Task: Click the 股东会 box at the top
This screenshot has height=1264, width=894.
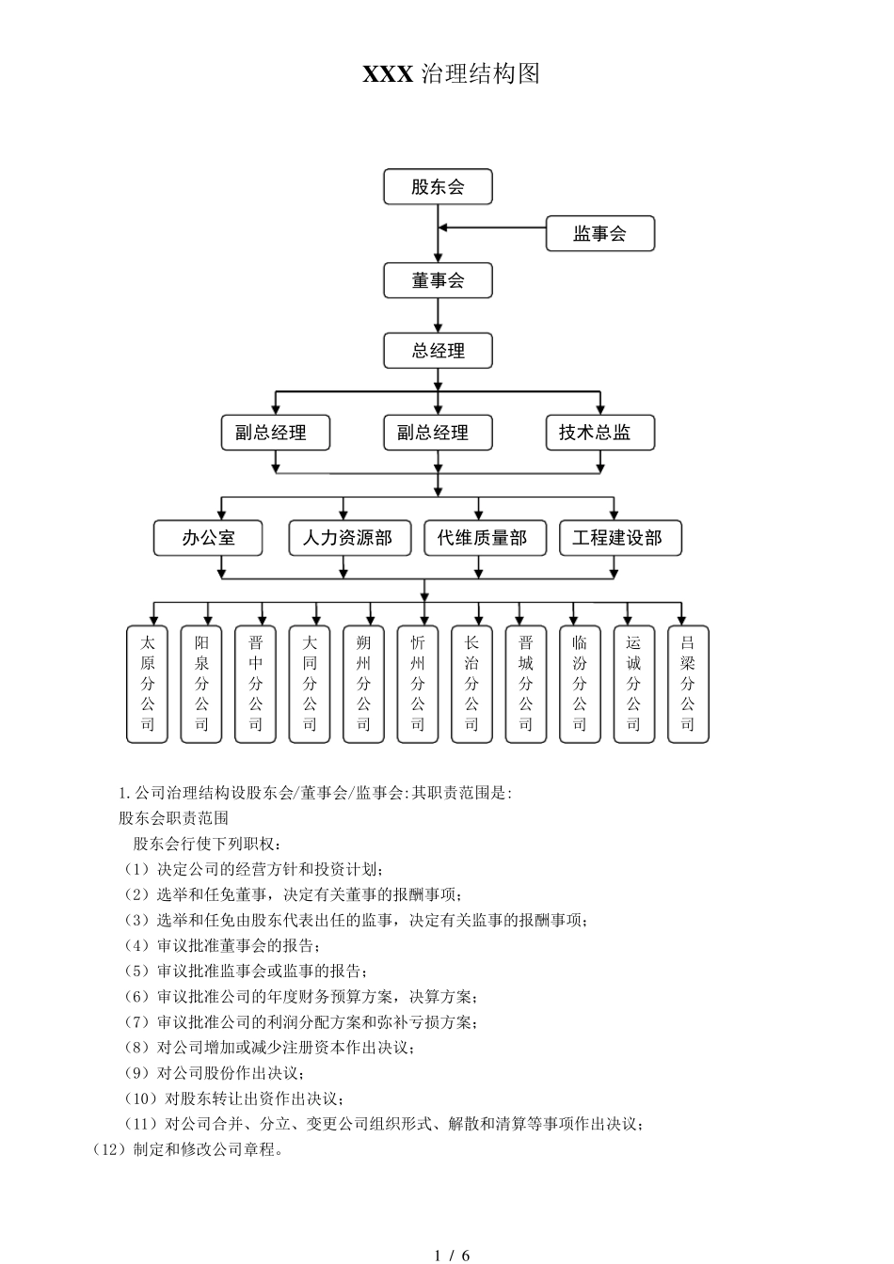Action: click(x=438, y=186)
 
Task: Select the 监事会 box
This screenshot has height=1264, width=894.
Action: click(x=599, y=234)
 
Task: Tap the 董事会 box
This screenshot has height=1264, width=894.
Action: click(x=438, y=280)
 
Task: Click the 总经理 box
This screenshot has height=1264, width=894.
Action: click(x=438, y=351)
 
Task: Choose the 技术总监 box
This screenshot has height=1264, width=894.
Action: click(x=599, y=433)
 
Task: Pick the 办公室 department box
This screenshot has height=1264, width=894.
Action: click(x=208, y=538)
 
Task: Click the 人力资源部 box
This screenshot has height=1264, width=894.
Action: click(x=347, y=538)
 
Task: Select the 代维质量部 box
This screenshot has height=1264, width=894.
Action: click(x=482, y=538)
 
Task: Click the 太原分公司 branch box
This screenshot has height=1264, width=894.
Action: click(x=148, y=684)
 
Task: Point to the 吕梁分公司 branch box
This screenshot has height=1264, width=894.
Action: click(x=688, y=684)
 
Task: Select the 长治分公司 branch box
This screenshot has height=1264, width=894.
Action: click(x=471, y=684)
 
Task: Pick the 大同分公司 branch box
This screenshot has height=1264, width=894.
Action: click(x=310, y=684)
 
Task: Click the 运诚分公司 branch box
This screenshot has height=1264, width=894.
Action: click(x=633, y=684)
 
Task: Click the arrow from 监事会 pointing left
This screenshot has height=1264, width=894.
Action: click(x=489, y=227)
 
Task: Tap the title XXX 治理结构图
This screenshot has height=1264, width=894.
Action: click(x=451, y=74)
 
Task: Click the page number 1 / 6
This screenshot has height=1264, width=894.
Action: click(x=453, y=1255)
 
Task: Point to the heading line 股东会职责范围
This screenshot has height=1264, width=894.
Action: click(x=173, y=818)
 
